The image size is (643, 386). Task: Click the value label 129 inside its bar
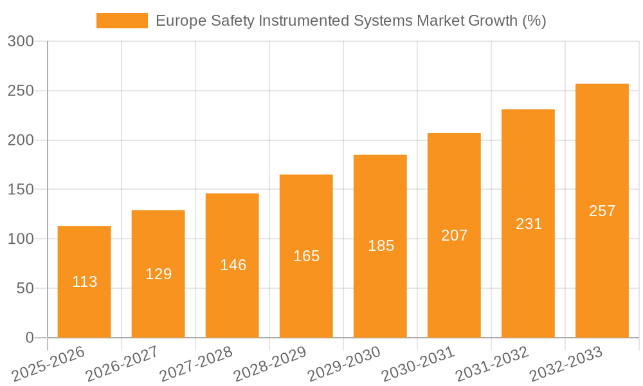159,274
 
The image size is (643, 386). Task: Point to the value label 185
381,246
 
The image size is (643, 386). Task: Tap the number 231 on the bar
529,224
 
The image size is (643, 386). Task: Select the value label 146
233,265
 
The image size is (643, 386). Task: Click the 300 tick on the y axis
21,42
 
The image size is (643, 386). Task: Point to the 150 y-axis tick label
21,190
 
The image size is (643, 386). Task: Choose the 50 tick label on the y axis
25,289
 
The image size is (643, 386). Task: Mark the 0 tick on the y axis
30,338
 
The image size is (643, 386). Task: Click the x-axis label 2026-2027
122,363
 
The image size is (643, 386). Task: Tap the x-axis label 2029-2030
345,363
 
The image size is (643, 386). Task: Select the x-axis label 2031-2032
493,363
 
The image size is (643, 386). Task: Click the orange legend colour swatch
122,21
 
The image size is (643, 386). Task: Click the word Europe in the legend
181,21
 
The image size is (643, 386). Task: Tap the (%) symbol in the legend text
534,21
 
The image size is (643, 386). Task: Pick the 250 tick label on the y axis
21,91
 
